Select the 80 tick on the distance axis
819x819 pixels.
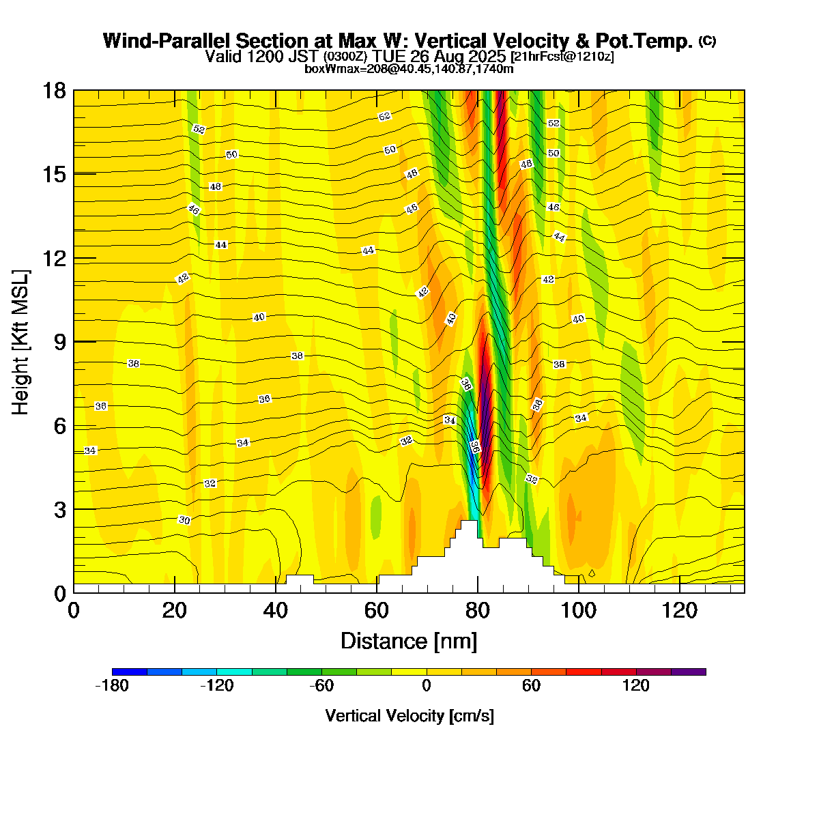tap(478, 609)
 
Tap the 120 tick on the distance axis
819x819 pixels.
tap(680, 609)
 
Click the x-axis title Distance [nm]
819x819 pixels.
tap(409, 642)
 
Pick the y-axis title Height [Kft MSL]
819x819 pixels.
tap(20, 342)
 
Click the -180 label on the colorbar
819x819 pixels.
tap(112, 686)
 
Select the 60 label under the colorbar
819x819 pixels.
tap(531, 686)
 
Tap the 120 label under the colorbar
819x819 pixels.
tap(635, 686)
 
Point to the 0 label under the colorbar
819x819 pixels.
tap(427, 686)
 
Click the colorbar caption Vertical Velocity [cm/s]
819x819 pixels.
tap(409, 716)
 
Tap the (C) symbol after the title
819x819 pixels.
tap(707, 41)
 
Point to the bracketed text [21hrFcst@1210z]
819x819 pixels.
tap(561, 57)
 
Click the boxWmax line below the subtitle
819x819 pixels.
tap(409, 68)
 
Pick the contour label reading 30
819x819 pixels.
tap(184, 520)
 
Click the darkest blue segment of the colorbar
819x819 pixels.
tap(130, 672)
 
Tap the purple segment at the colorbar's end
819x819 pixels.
tap(689, 672)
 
